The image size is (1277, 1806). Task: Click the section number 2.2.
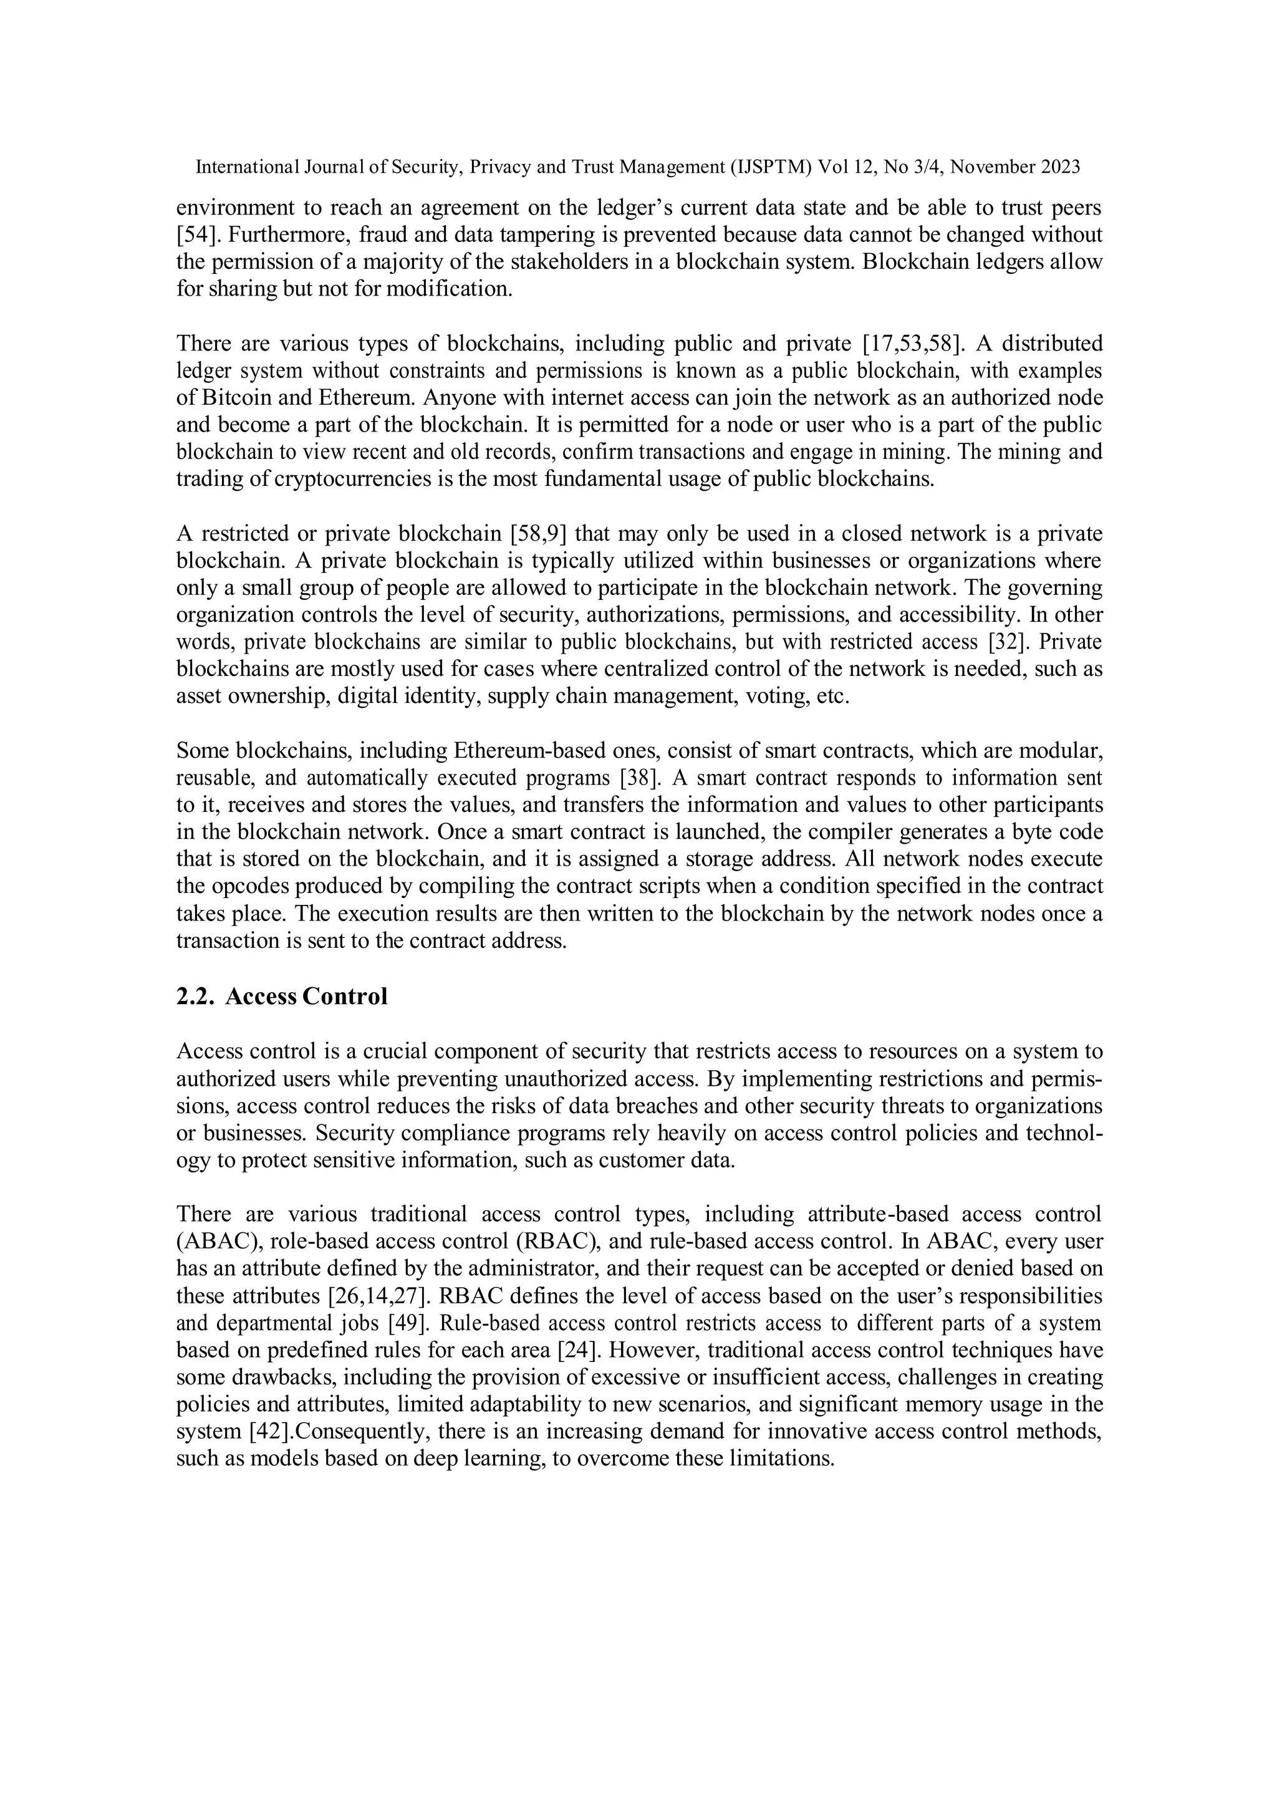[x=196, y=997]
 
